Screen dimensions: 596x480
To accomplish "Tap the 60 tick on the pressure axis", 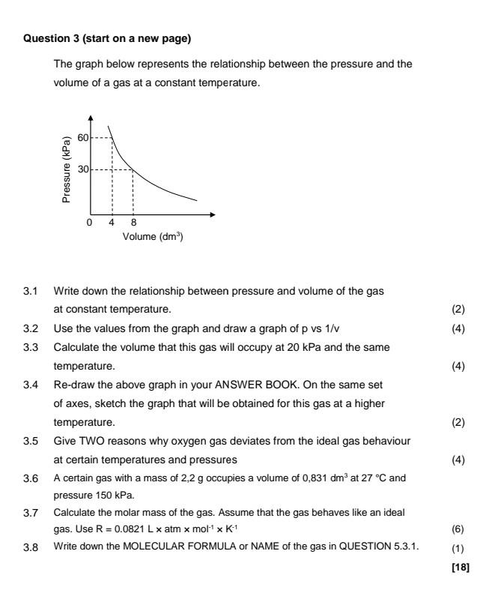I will [83, 139].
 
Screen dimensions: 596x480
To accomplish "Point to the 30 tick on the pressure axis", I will [83, 170].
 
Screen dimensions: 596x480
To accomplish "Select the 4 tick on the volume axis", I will [112, 223].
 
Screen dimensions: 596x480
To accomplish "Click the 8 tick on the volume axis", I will [133, 223].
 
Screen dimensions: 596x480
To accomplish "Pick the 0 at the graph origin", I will [89, 223].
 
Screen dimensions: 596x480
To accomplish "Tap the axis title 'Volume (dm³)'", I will [154, 237].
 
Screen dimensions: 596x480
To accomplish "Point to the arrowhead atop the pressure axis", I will [91, 118].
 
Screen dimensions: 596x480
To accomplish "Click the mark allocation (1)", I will [459, 529].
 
